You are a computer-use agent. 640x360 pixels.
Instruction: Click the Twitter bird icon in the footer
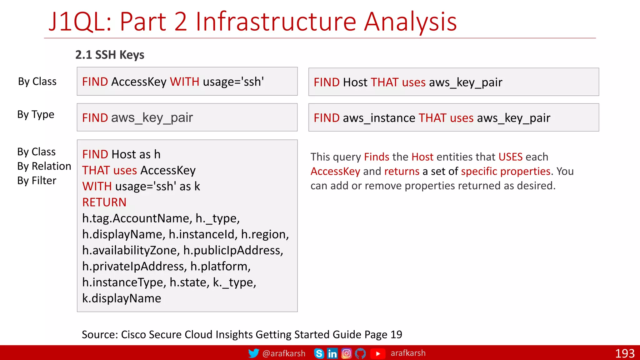coord(253,353)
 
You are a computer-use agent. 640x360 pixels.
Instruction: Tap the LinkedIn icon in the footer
coord(332,353)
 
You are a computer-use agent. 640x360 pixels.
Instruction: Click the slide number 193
coord(624,353)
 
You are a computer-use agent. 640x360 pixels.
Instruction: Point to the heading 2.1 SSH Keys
coord(110,55)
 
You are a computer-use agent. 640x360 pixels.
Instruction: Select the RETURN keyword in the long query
coord(104,202)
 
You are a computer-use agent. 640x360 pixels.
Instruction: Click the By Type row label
coord(36,114)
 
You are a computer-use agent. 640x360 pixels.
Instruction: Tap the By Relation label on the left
coord(44,166)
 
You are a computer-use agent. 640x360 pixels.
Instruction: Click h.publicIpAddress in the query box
coord(233,250)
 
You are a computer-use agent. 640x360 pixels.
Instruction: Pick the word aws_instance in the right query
coord(379,118)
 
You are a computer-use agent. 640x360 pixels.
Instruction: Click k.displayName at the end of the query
coord(122,298)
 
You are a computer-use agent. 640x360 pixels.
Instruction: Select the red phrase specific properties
coord(505,171)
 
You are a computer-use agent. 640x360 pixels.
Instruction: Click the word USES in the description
coord(510,157)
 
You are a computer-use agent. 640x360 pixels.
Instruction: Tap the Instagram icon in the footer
coord(346,353)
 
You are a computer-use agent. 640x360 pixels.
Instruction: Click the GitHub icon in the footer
coord(360,353)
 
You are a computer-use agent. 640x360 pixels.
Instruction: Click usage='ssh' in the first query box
coord(233,82)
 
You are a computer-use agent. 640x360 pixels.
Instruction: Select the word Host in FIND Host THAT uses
coord(355,82)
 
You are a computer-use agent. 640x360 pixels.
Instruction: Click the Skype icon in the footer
coord(319,353)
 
